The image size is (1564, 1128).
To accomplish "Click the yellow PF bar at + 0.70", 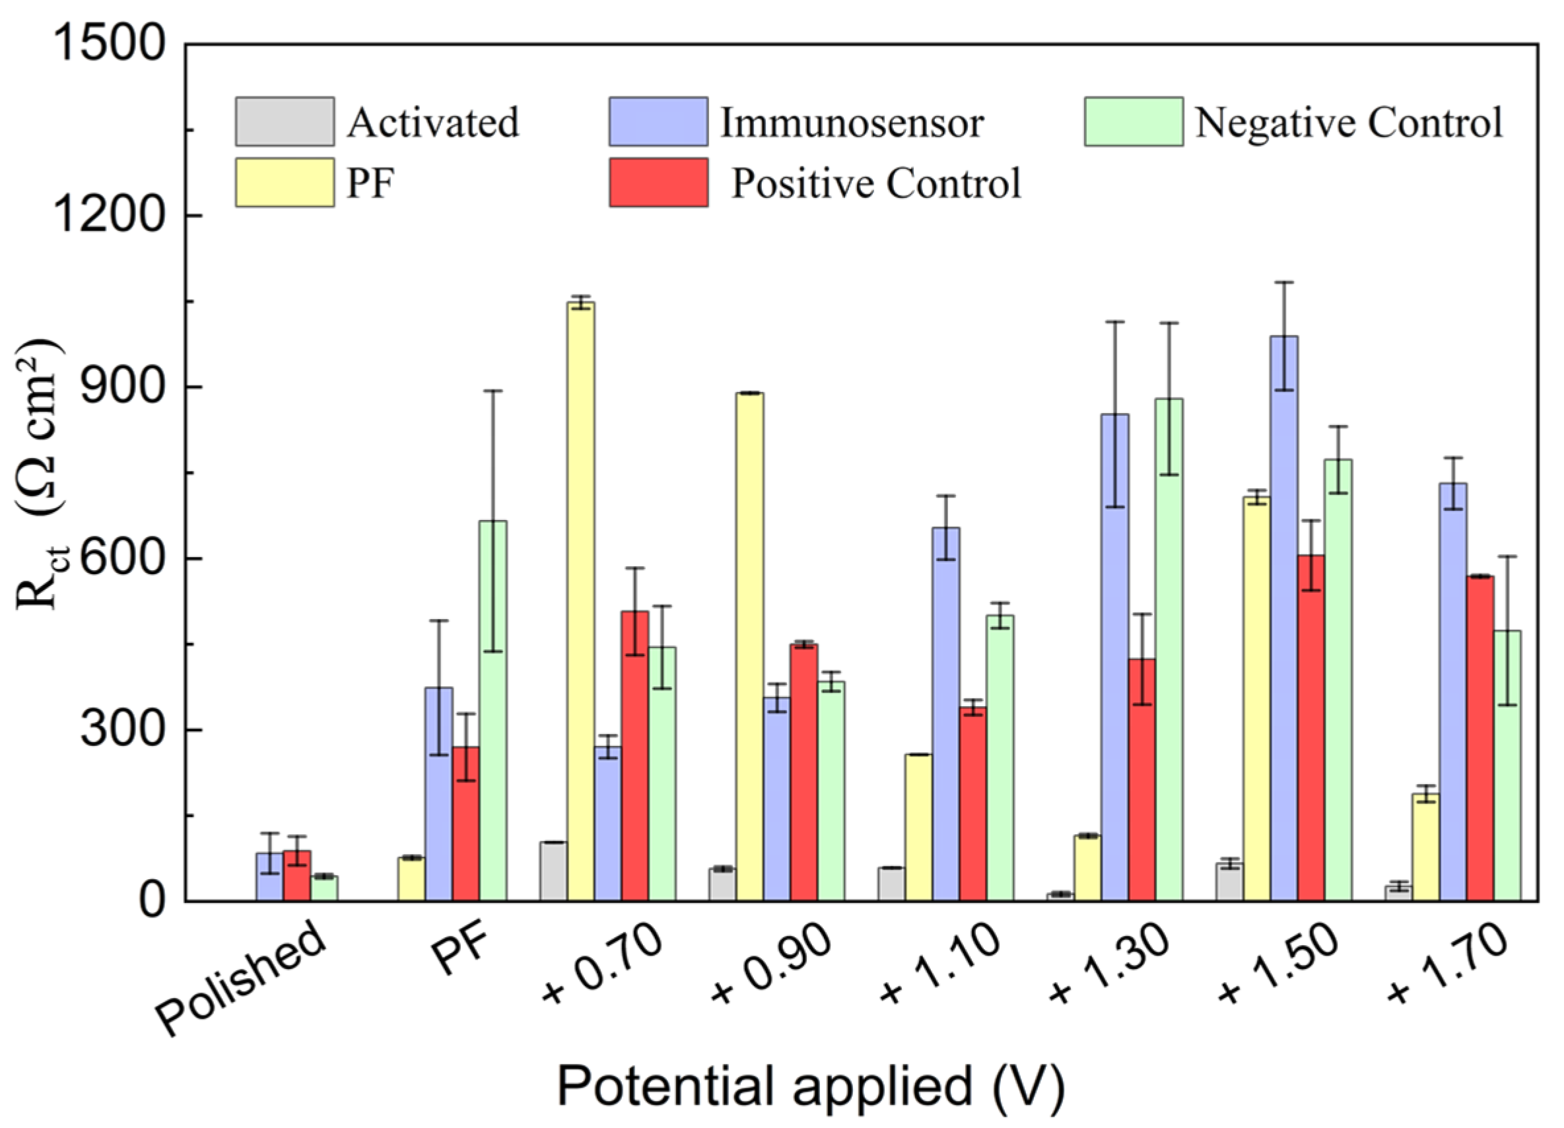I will click(580, 600).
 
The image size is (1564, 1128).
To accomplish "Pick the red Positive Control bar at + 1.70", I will click(1480, 737).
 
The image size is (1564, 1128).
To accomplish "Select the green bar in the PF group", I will click(493, 710).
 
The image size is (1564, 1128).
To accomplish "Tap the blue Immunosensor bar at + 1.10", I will click(945, 713).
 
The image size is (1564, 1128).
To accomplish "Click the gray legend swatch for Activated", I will click(285, 121).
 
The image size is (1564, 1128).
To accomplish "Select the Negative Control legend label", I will click(1348, 123).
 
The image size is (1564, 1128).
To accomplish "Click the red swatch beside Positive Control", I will click(659, 183).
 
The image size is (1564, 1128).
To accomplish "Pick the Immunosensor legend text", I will click(852, 123).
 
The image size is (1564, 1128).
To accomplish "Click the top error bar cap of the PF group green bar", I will click(493, 391).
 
